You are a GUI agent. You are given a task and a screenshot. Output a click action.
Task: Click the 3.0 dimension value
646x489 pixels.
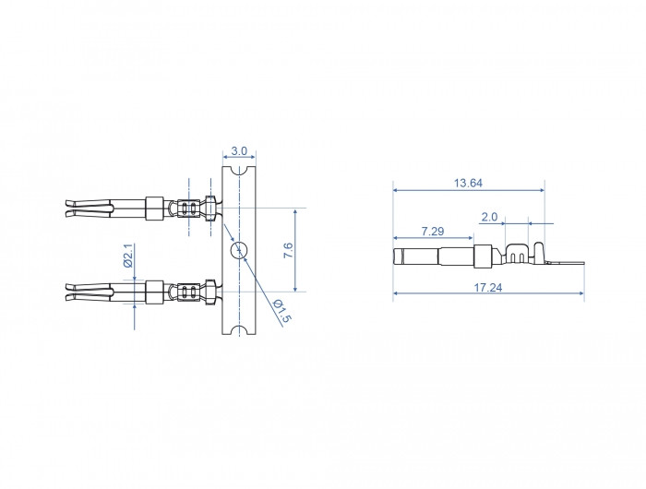click(x=239, y=151)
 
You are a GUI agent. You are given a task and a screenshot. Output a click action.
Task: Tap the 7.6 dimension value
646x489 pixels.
click(x=288, y=250)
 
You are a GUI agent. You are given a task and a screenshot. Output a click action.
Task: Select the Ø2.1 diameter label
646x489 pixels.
click(x=128, y=256)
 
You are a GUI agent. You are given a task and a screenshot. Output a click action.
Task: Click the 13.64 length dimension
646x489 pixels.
click(x=468, y=183)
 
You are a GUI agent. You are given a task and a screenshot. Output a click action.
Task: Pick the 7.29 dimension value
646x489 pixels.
click(x=433, y=231)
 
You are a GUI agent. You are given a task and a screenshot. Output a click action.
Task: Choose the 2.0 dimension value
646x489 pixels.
click(x=489, y=217)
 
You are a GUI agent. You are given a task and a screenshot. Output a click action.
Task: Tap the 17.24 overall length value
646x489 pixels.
click(x=488, y=287)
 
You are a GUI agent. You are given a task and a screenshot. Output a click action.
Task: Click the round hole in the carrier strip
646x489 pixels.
click(x=239, y=250)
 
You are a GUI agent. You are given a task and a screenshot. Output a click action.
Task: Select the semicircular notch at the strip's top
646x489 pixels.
click(x=239, y=170)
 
